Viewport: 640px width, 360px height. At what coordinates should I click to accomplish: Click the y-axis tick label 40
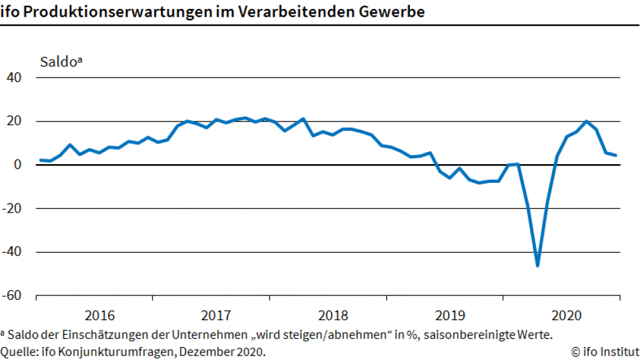(14, 78)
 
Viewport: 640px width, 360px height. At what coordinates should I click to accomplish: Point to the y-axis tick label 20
(14, 122)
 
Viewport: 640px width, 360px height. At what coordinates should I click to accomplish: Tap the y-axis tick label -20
(12, 209)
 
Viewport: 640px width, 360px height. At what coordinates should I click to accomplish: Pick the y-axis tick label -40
(12, 252)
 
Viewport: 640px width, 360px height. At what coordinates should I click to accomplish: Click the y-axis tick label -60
(12, 296)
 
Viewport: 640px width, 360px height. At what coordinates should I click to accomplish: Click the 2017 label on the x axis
(216, 316)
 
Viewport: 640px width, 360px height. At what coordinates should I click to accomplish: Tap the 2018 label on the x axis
(333, 316)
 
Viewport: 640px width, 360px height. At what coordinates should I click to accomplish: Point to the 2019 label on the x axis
(450, 316)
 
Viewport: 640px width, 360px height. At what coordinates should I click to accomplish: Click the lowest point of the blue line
(537, 265)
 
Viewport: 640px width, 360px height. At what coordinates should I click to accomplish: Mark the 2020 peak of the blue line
(586, 122)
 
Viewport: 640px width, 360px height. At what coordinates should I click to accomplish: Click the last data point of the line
(615, 155)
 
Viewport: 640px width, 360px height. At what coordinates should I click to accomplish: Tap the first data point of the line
(40, 160)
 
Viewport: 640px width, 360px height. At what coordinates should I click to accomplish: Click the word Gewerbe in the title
(398, 12)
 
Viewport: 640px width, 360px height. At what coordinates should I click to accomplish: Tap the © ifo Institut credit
(604, 352)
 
